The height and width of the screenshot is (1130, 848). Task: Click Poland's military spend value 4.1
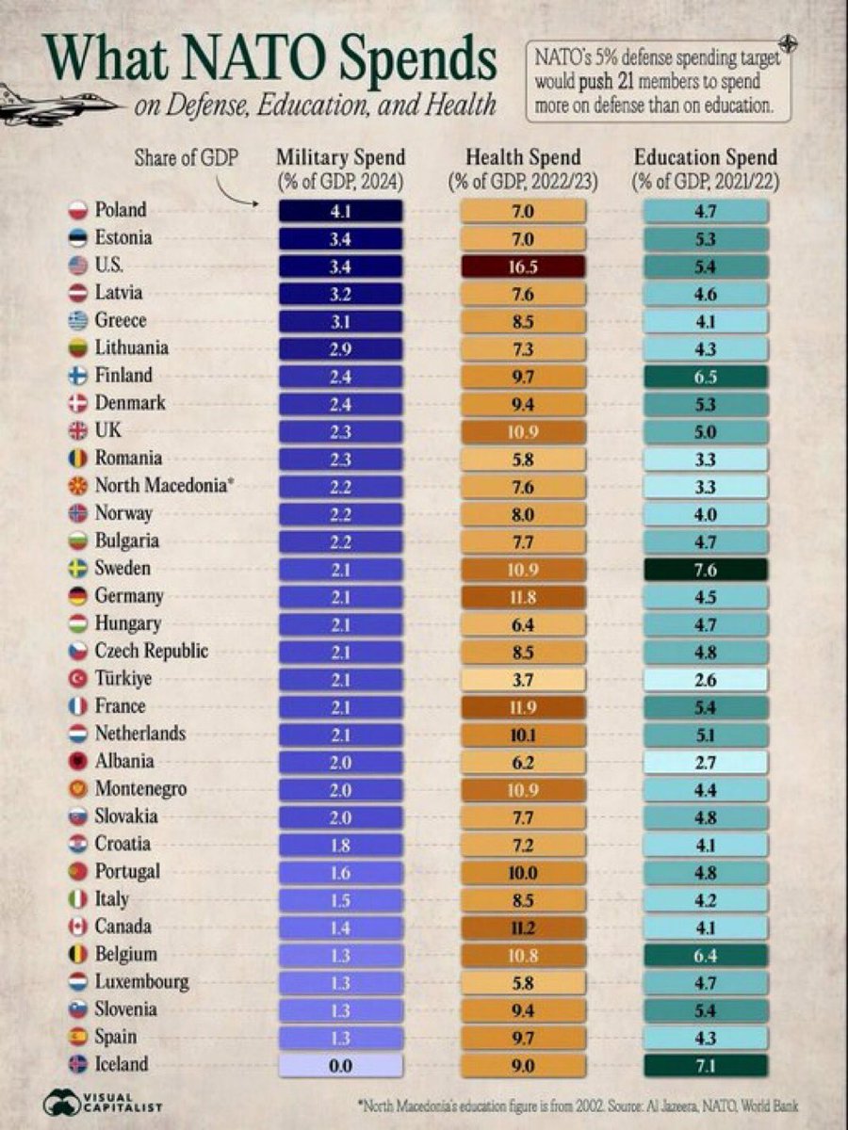(341, 211)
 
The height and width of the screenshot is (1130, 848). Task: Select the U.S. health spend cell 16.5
(523, 266)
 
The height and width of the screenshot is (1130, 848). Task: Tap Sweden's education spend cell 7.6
(705, 569)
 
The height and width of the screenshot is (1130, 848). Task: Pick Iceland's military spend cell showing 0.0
(341, 1065)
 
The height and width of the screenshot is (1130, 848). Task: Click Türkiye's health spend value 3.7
(523, 679)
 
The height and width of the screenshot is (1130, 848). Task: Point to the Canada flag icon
(78, 928)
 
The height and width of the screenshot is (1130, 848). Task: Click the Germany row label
(129, 596)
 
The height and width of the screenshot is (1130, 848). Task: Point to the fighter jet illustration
(47, 105)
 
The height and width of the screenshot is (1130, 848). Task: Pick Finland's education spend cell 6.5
(705, 377)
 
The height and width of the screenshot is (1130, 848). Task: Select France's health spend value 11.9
(523, 706)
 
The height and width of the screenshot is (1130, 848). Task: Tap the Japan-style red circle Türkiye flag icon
(78, 679)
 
